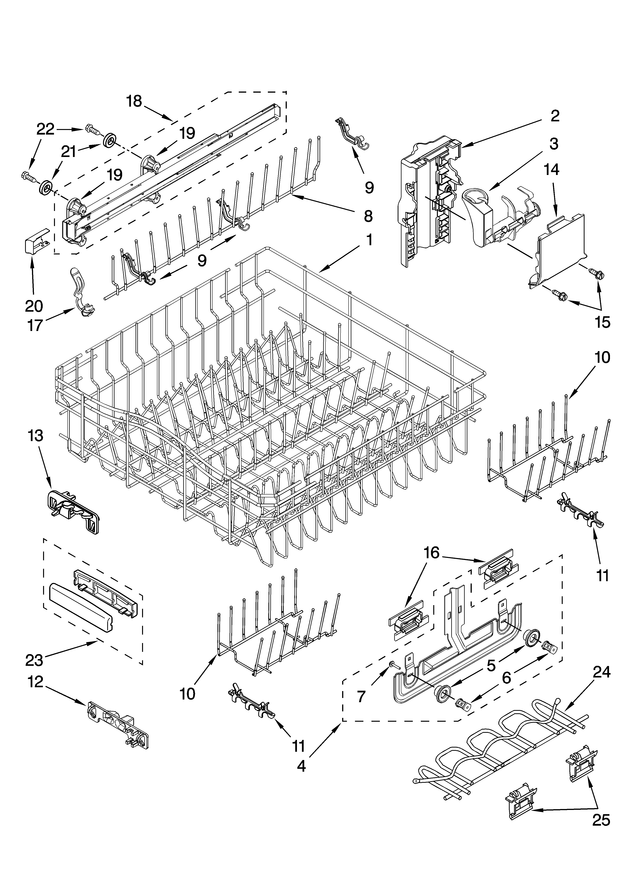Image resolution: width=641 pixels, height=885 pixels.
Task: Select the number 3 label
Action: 554,144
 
